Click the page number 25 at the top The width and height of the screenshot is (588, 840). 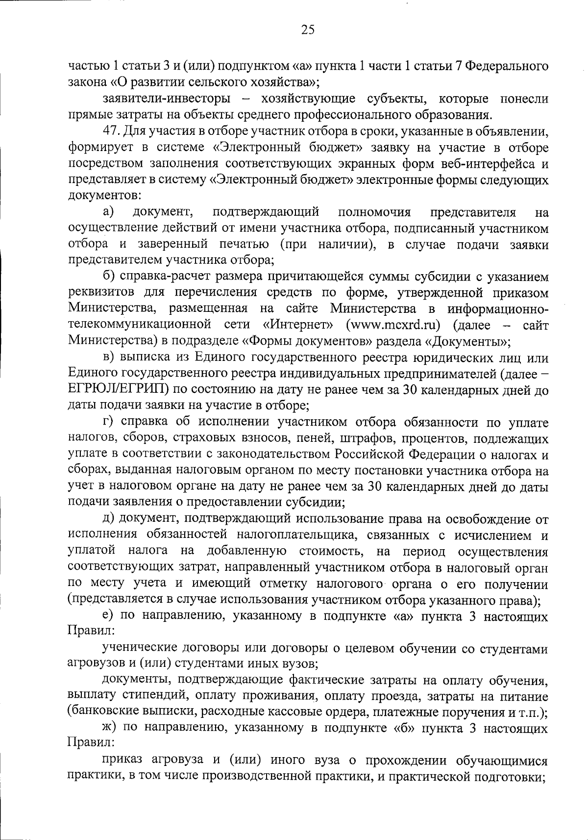pyautogui.click(x=308, y=30)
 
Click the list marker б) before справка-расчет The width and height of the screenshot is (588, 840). pyautogui.click(x=109, y=277)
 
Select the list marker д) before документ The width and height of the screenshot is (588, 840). pyautogui.click(x=109, y=519)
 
